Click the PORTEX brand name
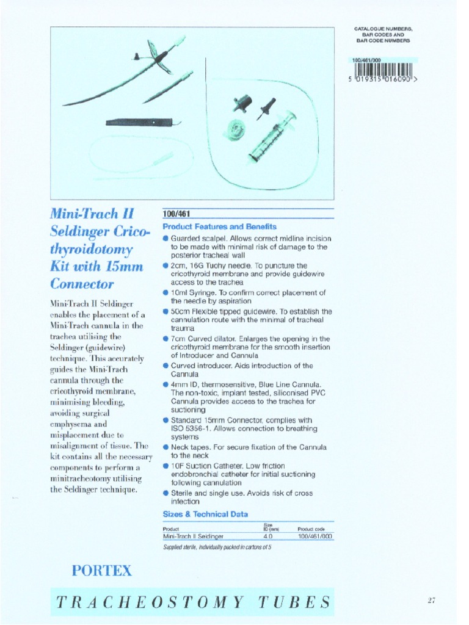point(101,571)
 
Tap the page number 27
point(431,601)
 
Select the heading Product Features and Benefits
point(219,226)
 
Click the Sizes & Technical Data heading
point(205,514)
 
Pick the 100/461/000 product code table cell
point(314,536)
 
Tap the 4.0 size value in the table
point(267,536)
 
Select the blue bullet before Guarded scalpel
point(166,237)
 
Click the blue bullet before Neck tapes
point(166,447)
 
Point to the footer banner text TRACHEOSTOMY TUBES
point(194,602)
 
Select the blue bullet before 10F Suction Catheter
point(166,466)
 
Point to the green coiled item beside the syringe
point(233,129)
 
